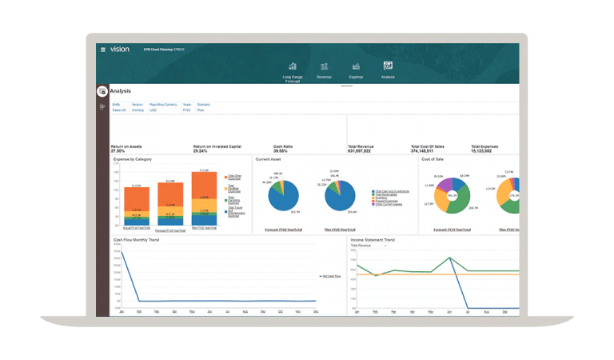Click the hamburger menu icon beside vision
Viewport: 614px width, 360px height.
[x=103, y=50]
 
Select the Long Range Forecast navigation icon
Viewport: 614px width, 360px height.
[x=293, y=66]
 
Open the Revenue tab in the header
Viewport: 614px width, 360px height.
[x=324, y=66]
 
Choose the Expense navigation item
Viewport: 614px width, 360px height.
[x=356, y=66]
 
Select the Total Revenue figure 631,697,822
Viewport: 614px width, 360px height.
[x=366, y=150]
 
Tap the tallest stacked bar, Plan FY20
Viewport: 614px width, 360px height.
[x=205, y=196]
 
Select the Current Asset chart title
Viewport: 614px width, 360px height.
[x=269, y=159]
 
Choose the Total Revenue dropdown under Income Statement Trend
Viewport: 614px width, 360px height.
[x=369, y=246]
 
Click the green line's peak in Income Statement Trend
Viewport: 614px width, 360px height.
[x=450, y=258]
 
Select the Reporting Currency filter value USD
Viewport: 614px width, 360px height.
[x=153, y=110]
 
